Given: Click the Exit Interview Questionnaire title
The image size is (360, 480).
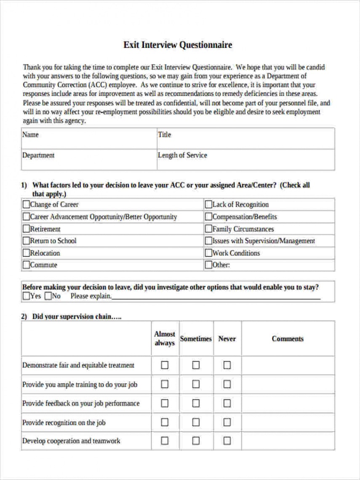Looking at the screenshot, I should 177,45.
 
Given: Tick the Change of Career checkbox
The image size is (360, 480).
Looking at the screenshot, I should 26,205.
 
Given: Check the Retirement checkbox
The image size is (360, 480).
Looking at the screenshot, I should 26,229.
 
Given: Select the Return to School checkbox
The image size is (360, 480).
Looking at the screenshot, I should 26,241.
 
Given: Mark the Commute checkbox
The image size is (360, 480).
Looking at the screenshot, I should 26,265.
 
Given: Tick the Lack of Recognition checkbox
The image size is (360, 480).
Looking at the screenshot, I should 208,205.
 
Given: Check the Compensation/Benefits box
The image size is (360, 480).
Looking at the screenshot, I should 208,217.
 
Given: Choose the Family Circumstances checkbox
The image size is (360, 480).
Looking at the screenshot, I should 208,229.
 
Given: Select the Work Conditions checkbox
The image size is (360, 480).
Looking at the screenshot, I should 208,253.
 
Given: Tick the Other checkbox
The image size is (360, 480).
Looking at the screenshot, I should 208,265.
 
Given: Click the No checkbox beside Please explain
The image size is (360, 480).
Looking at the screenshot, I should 48,296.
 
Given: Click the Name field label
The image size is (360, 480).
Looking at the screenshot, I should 30,135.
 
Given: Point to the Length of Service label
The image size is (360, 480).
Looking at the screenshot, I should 182,155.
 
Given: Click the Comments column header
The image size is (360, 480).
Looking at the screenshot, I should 288,339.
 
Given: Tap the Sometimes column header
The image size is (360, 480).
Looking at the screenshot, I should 196,339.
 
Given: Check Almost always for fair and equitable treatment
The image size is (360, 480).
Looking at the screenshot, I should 165,365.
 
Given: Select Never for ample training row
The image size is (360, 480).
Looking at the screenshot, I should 227,384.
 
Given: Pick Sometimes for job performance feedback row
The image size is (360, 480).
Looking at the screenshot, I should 196,403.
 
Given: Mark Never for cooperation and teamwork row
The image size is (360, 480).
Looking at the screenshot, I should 227,441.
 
